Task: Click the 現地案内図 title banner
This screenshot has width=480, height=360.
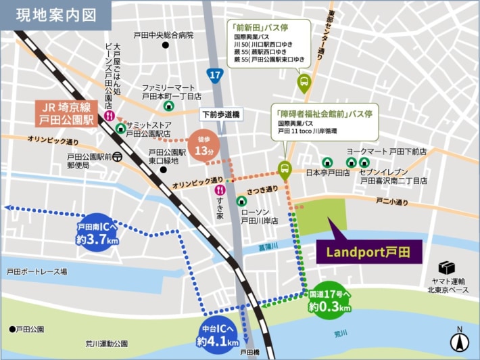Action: (55, 14)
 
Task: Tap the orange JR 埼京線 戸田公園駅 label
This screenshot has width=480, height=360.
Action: (67, 114)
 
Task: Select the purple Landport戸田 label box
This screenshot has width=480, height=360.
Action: (368, 252)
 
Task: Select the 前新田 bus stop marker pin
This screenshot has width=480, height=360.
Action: (304, 83)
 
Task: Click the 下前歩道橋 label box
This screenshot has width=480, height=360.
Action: (221, 115)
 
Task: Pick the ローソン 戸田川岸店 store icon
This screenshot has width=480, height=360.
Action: (241, 201)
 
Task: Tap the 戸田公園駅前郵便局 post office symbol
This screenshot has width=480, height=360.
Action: (118, 156)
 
